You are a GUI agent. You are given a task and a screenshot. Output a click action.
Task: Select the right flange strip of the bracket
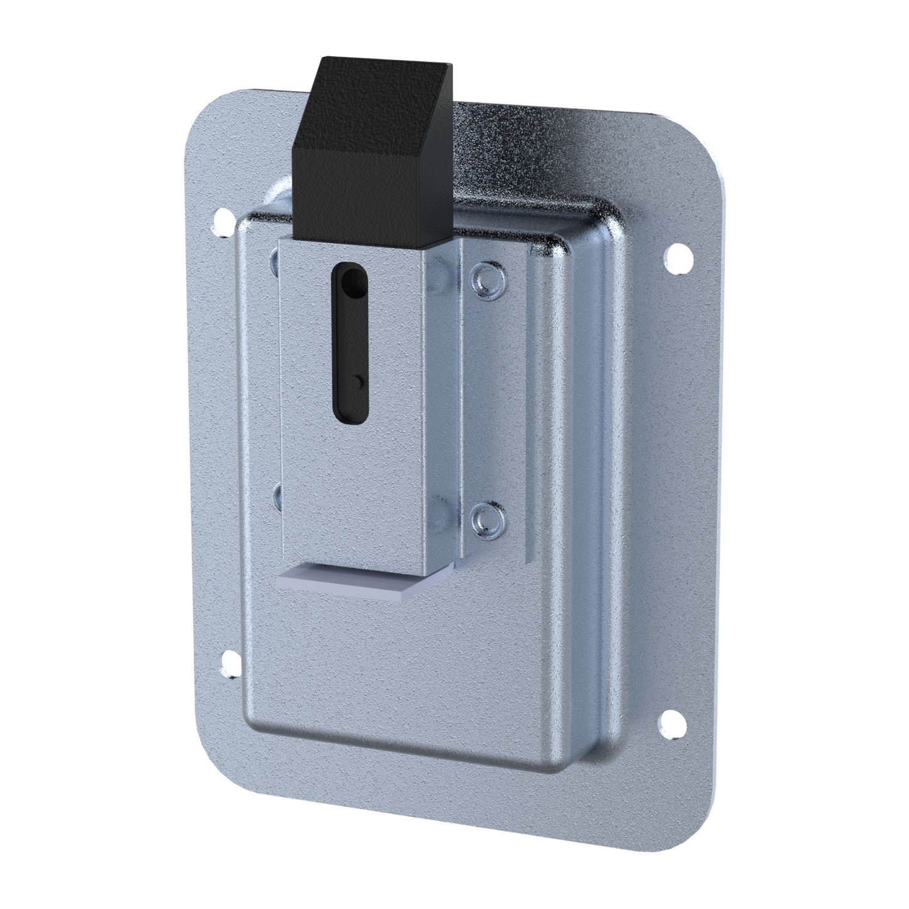pyautogui.click(x=494, y=396)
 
